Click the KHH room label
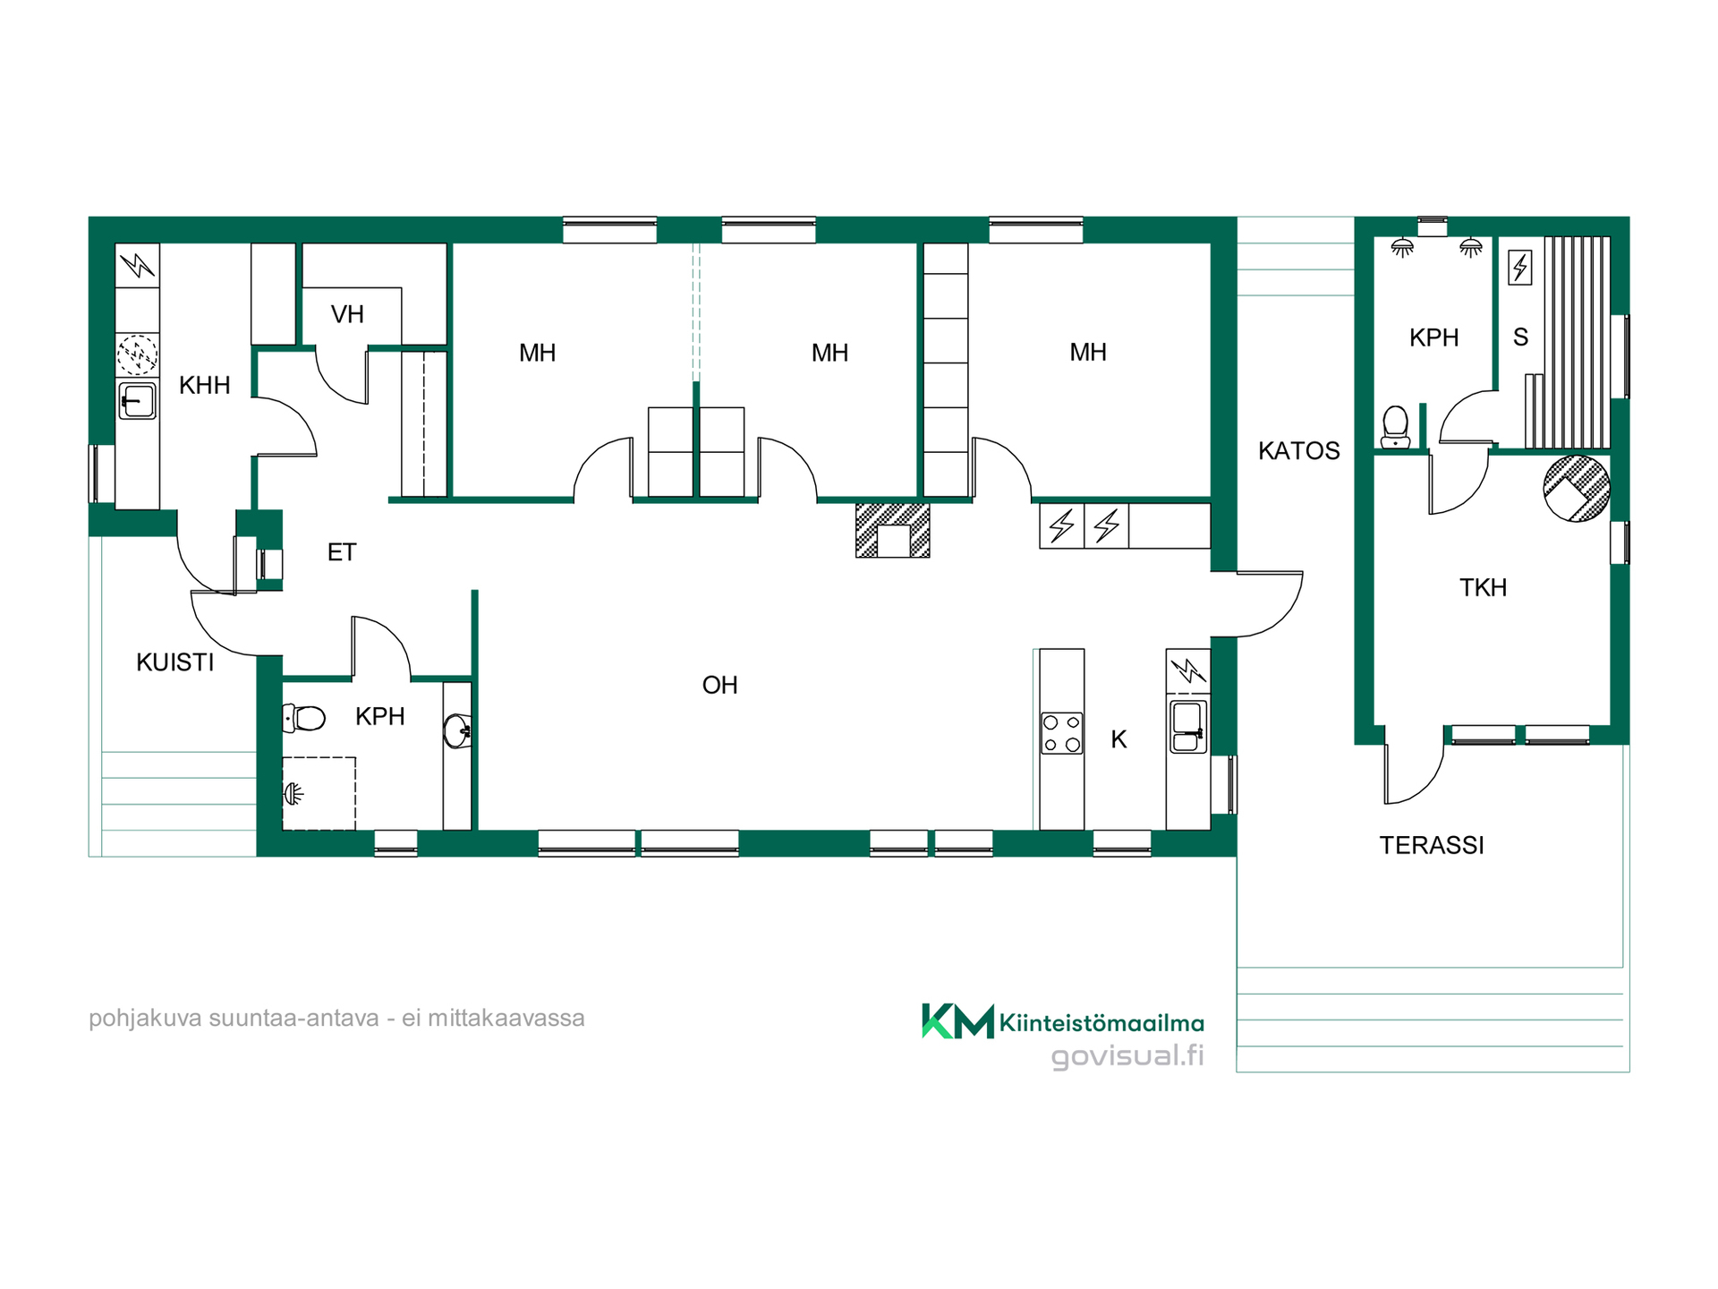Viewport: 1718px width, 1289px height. [205, 386]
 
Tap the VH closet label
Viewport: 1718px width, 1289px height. [347, 315]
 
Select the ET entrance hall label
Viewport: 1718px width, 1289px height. [342, 552]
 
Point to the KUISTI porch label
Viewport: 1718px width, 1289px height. [175, 662]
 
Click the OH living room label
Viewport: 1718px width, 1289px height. [720, 686]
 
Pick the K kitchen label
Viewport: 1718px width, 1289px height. [1118, 739]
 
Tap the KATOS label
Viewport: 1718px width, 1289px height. [1299, 451]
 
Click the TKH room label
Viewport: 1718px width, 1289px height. [1484, 588]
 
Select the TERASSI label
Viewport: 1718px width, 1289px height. [1432, 846]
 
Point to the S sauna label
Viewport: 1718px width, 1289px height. [1520, 337]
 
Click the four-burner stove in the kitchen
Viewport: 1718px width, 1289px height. [1062, 733]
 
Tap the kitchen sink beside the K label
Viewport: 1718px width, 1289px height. [1188, 726]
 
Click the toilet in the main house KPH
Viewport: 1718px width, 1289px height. [303, 718]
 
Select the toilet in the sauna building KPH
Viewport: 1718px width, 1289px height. [1396, 427]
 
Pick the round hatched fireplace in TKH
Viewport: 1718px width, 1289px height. [1577, 489]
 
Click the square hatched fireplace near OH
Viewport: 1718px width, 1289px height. [893, 531]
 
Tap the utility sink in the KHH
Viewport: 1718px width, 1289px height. [137, 401]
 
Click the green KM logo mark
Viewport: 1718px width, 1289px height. [957, 1021]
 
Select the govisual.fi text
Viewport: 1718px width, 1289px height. [1127, 1056]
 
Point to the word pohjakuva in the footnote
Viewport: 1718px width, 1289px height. [145, 1020]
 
